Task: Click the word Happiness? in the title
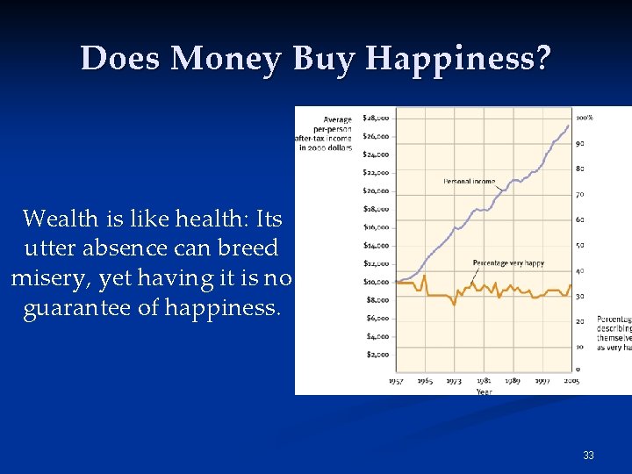pyautogui.click(x=458, y=59)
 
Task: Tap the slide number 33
pyautogui.click(x=588, y=456)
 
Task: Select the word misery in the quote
pyautogui.click(x=48, y=279)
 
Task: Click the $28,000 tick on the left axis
pyautogui.click(x=376, y=118)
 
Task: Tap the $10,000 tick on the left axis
pyautogui.click(x=376, y=282)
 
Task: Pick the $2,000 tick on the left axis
pyautogui.click(x=376, y=355)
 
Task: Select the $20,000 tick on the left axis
pyautogui.click(x=376, y=190)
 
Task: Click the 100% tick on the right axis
pyautogui.click(x=585, y=118)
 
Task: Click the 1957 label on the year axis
pyautogui.click(x=396, y=381)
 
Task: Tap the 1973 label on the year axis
pyautogui.click(x=454, y=381)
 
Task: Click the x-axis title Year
pyautogui.click(x=484, y=391)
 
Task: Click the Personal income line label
pyautogui.click(x=469, y=182)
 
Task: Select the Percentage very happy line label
pyautogui.click(x=507, y=263)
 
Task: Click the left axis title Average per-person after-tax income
pyautogui.click(x=325, y=133)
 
